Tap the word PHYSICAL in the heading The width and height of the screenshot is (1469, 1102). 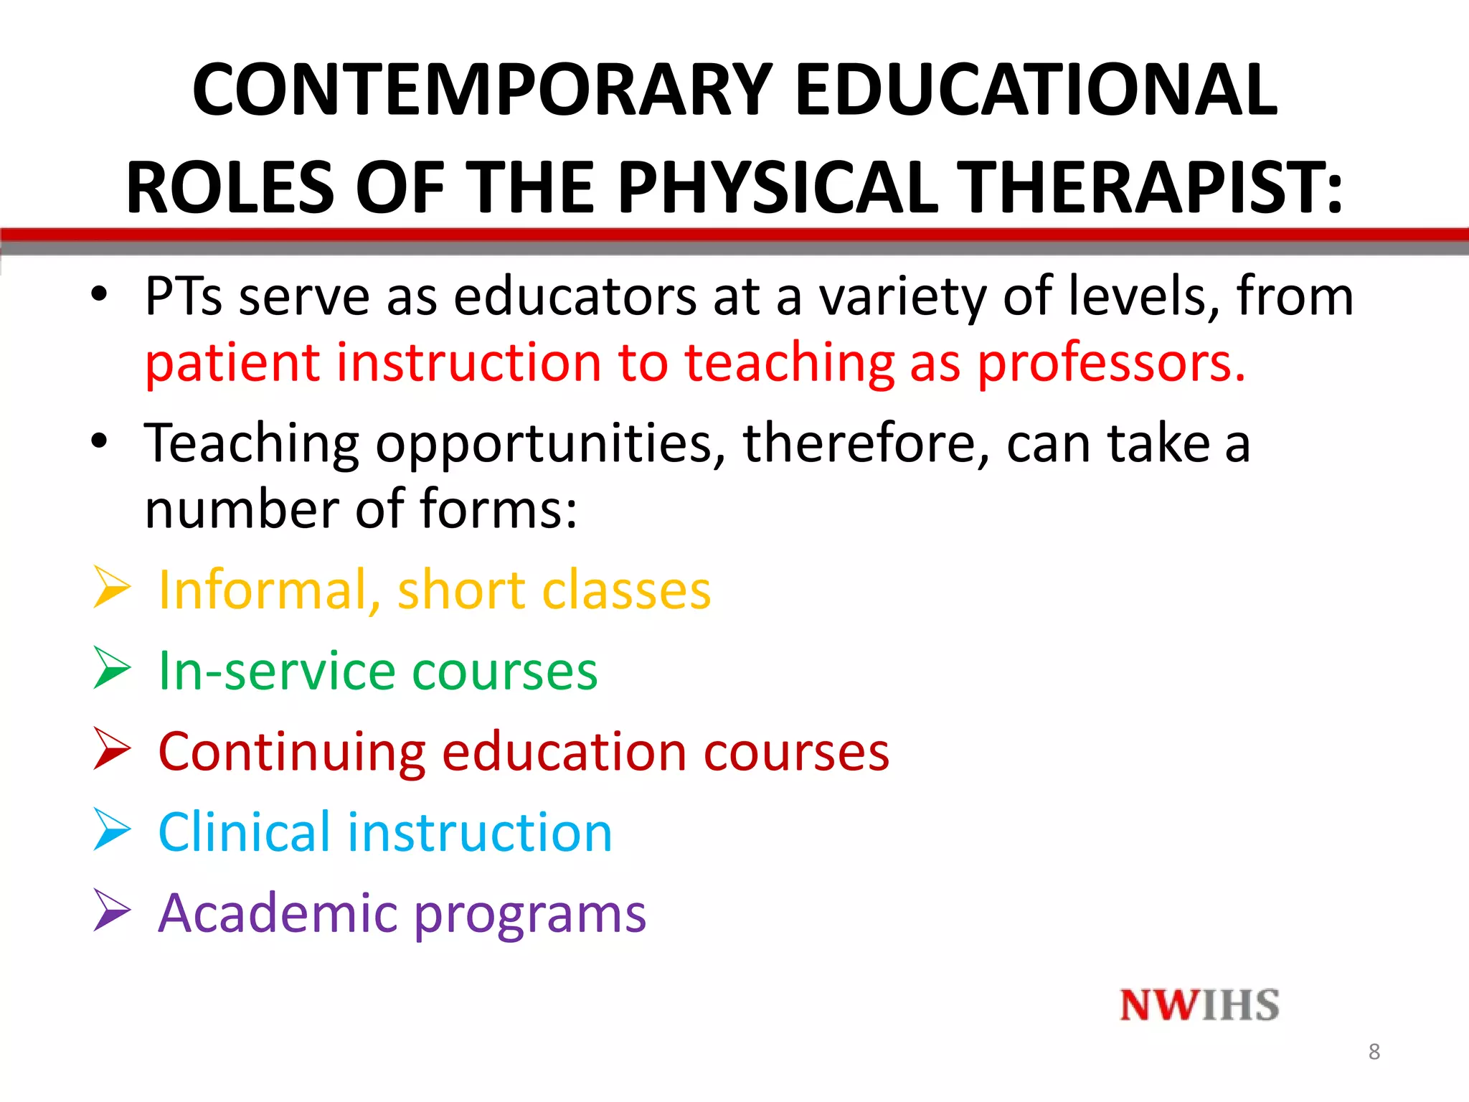[x=778, y=188]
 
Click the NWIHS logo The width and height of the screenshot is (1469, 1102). [x=1199, y=1005]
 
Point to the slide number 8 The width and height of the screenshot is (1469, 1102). [x=1374, y=1052]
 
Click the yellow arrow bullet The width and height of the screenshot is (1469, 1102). [x=112, y=588]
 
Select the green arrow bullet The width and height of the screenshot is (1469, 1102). [x=112, y=668]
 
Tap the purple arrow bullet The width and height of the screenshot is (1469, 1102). [x=112, y=910]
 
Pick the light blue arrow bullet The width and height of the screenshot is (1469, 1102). [x=112, y=829]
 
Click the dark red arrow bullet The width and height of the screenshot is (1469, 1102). [x=112, y=749]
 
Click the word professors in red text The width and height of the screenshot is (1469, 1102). [x=1112, y=363]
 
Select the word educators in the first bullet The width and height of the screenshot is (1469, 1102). [x=575, y=297]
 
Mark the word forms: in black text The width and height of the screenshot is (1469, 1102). [x=498, y=509]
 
